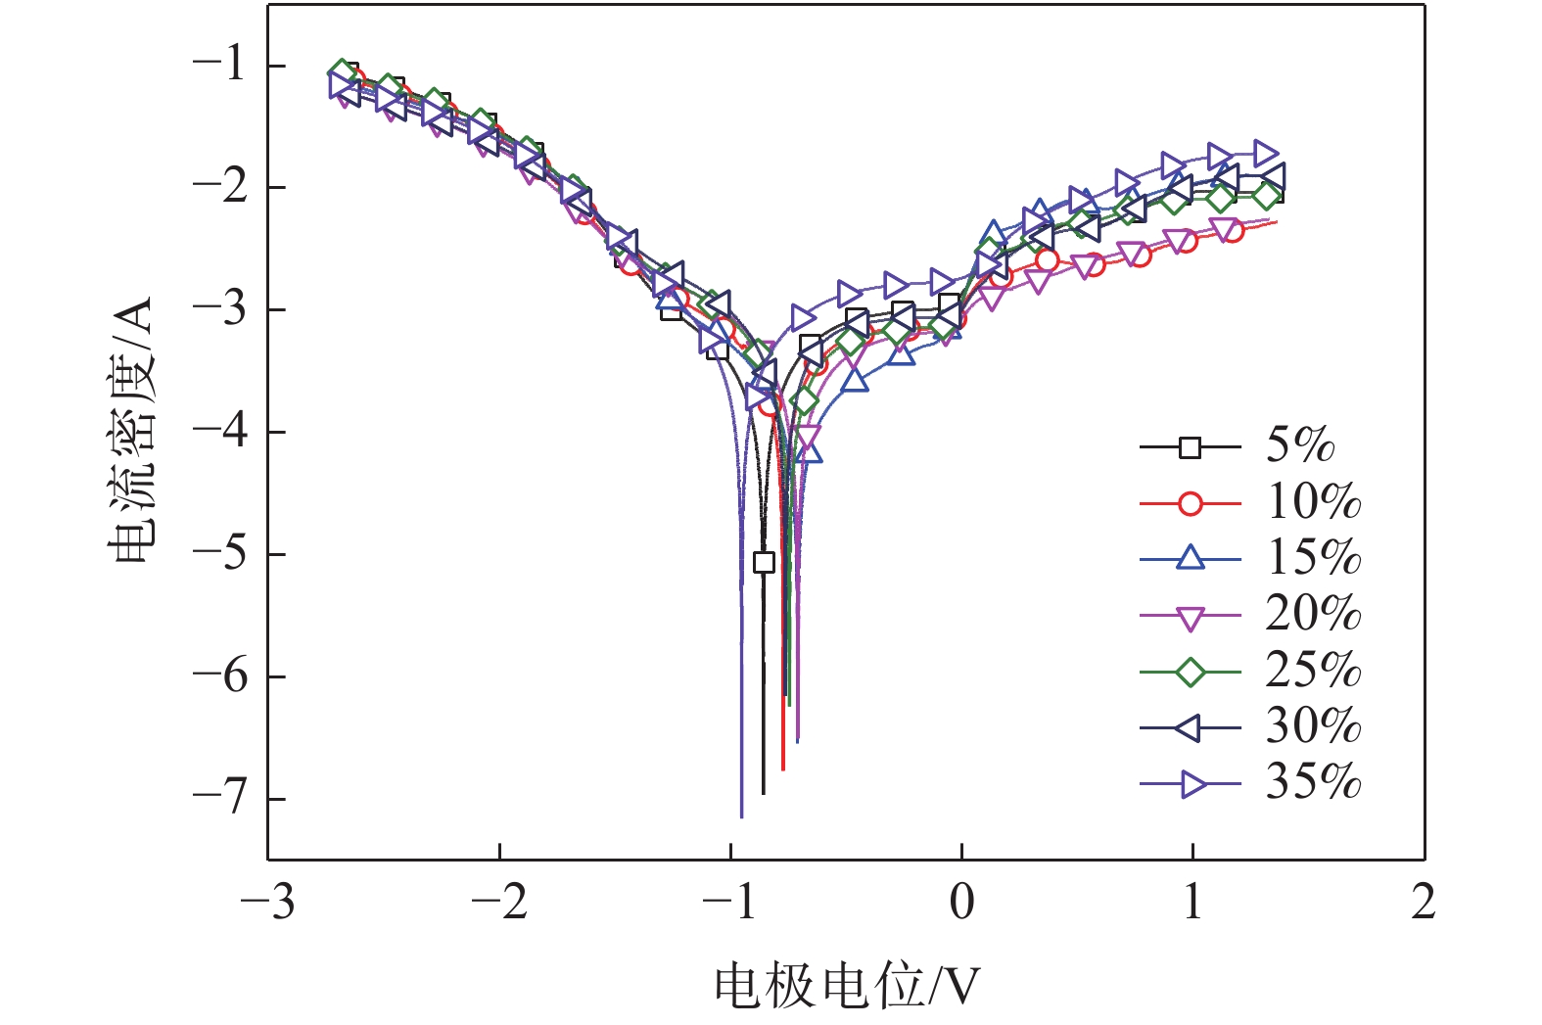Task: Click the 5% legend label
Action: pyautogui.click(x=1299, y=445)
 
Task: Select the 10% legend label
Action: pyautogui.click(x=1313, y=502)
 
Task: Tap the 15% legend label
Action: pyautogui.click(x=1313, y=558)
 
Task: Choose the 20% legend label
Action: pyautogui.click(x=1313, y=615)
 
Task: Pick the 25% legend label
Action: pyautogui.click(x=1313, y=671)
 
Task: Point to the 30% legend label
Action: pyautogui.click(x=1313, y=726)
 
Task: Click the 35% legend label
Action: pyautogui.click(x=1313, y=783)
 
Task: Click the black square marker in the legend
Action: pyautogui.click(x=1190, y=447)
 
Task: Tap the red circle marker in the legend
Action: pyautogui.click(x=1190, y=503)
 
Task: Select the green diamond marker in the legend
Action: pyautogui.click(x=1190, y=672)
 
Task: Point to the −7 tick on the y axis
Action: pyautogui.click(x=220, y=799)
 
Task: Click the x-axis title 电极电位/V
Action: pyautogui.click(x=846, y=987)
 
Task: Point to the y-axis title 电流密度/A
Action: pyautogui.click(x=132, y=431)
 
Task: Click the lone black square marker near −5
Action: pyautogui.click(x=764, y=562)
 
